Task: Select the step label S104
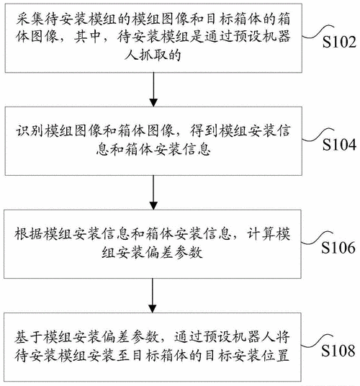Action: coord(338,145)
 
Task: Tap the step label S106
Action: coord(338,248)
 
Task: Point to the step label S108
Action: coord(338,351)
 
